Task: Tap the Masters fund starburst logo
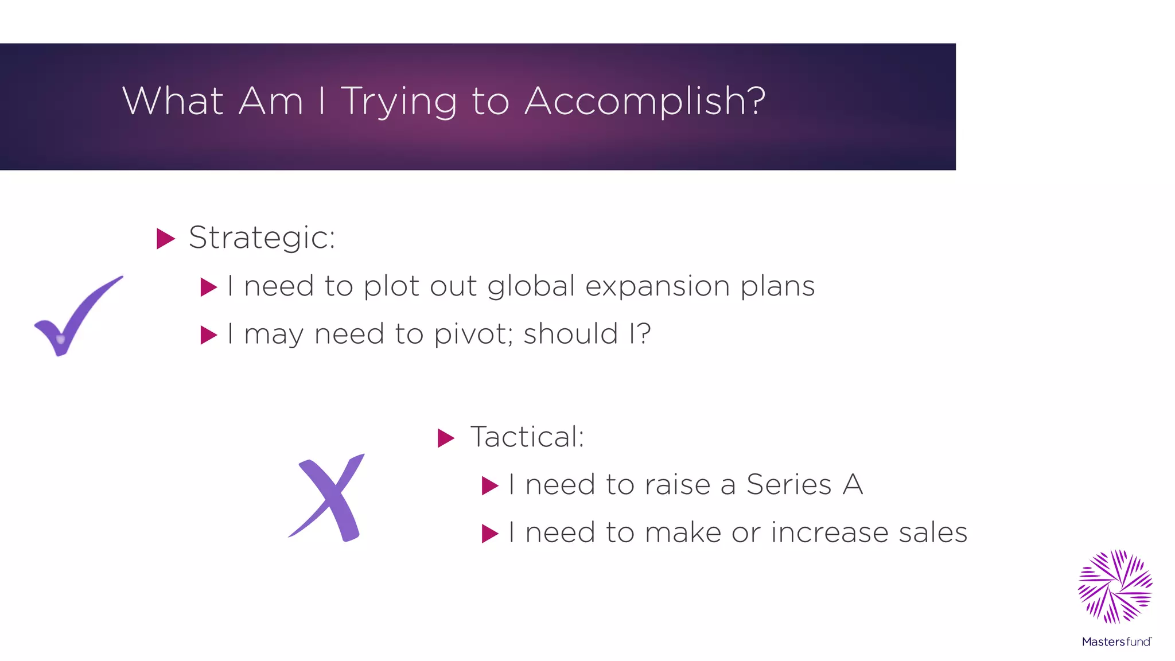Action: (1115, 586)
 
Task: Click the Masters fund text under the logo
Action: (1116, 641)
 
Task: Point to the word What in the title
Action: (173, 100)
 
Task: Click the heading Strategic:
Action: (262, 238)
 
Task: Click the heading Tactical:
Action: (527, 437)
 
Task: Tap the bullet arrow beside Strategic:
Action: (165, 239)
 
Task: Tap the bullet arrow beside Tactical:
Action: (446, 438)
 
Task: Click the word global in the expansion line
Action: (531, 286)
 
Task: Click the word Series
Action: (789, 485)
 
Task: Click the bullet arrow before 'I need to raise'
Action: (490, 486)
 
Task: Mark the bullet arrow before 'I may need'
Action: (208, 335)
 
